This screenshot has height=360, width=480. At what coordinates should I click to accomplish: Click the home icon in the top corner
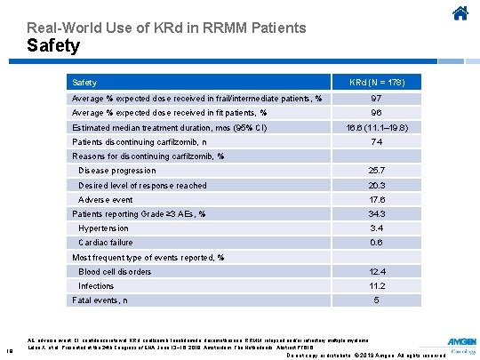tap(460, 13)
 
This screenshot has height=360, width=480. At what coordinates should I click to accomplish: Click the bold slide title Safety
tap(53, 45)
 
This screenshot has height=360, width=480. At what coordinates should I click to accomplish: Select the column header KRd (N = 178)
tap(376, 82)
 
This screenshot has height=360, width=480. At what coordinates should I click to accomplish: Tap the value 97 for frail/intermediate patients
tap(376, 97)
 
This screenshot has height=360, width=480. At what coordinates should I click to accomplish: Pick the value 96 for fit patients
tap(376, 113)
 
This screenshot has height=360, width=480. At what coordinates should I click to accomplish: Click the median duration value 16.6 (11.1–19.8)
tap(376, 128)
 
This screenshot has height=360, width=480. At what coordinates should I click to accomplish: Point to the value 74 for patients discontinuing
tap(376, 142)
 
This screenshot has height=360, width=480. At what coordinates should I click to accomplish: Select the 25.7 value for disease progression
tap(376, 171)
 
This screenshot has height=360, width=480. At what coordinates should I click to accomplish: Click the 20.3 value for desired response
tap(376, 185)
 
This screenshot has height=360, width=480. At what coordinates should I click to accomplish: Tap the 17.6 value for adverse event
tap(376, 200)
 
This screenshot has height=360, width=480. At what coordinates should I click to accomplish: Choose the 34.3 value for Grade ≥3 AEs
tap(376, 214)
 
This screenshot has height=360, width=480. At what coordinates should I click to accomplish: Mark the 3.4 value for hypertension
tap(376, 228)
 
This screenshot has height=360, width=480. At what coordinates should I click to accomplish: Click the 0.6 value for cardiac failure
tap(376, 243)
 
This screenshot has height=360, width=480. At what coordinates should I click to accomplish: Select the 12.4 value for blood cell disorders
tap(376, 272)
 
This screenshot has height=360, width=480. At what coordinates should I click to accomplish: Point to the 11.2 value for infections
tap(376, 286)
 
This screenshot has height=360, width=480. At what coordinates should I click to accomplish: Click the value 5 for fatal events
tap(376, 300)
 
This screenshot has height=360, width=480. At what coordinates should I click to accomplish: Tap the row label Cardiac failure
tap(106, 243)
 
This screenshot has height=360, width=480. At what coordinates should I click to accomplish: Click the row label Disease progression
tap(117, 171)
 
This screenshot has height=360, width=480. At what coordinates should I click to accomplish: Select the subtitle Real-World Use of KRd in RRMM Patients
tap(166, 28)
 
